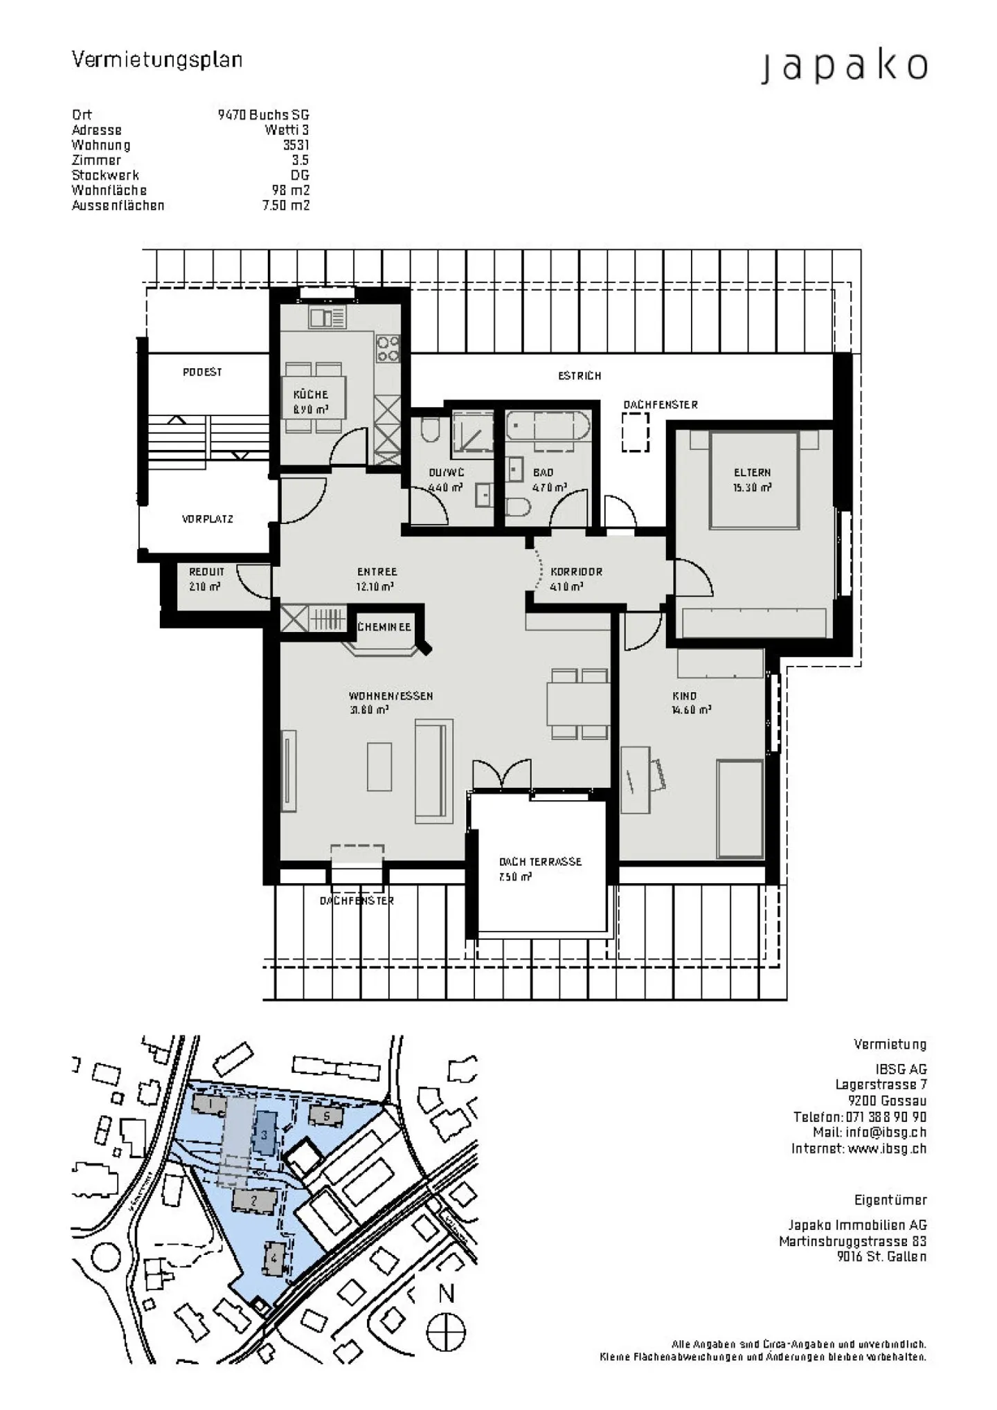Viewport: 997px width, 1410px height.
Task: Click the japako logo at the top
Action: (844, 67)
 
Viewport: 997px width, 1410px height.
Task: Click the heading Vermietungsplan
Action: (157, 60)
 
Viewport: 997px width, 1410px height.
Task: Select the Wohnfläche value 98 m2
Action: (290, 190)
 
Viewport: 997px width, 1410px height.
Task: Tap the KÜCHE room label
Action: (310, 395)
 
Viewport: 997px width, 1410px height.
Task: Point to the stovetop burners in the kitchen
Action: (388, 349)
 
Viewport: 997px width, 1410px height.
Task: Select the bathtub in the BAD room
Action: (548, 426)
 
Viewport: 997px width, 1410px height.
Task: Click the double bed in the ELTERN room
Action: (753, 479)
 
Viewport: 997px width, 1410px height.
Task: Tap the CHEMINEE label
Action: (384, 627)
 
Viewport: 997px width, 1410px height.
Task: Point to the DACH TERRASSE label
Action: (540, 862)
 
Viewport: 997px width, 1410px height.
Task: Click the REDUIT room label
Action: (206, 572)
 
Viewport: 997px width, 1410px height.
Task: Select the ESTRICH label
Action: (580, 376)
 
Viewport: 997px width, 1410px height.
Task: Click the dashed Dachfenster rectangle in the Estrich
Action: (635, 432)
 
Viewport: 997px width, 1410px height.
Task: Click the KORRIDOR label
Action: (576, 572)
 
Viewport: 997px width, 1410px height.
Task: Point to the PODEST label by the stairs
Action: (202, 372)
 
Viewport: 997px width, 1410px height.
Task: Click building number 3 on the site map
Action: (264, 1134)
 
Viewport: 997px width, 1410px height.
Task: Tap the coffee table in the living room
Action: (379, 766)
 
